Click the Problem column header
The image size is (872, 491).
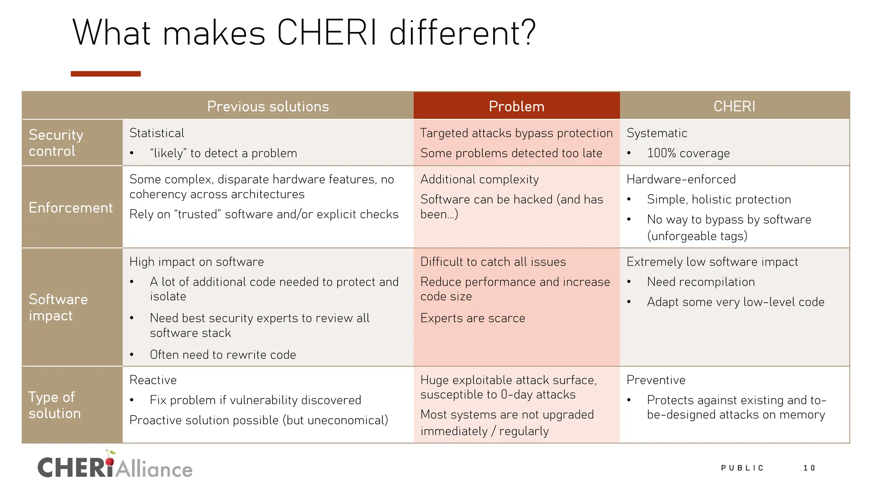coord(516,106)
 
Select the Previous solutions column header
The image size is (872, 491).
coord(268,106)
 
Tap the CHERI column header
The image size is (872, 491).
coord(734,106)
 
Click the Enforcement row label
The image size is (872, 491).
coord(71,208)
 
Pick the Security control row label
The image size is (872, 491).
coord(56,143)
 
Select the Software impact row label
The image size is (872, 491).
coord(58,307)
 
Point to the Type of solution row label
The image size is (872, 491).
coord(54,405)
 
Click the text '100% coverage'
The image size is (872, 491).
coord(688,153)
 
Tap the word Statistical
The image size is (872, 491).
coord(157,133)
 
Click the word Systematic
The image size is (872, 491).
coord(657,133)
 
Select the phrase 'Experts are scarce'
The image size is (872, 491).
coord(473,318)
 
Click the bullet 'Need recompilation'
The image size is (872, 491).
coord(700,282)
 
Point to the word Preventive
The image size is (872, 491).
coord(656,380)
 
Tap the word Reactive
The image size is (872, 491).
coord(153,380)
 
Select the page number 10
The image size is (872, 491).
coord(809,468)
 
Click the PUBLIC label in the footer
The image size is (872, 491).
coord(742,468)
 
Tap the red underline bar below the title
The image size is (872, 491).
coord(106,74)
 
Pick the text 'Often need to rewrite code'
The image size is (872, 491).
coord(223,355)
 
